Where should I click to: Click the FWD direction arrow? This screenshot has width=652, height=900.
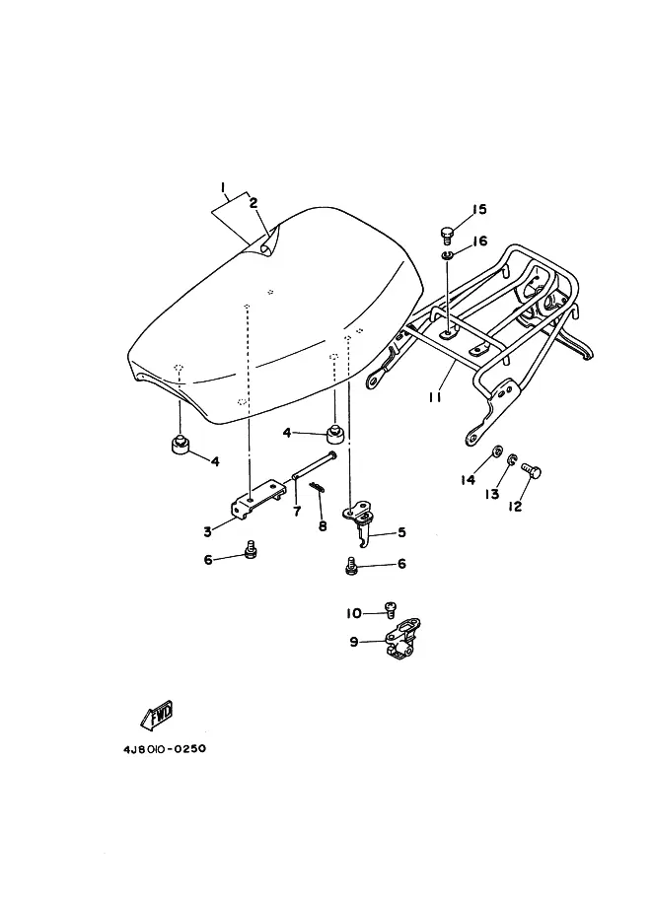coord(157,716)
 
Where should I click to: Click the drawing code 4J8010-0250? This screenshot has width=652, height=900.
coord(165,749)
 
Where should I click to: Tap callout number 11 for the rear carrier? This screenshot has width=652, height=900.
coord(435,396)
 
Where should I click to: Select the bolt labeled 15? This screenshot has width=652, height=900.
coord(447,235)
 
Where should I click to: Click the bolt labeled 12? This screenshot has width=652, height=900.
coord(532,470)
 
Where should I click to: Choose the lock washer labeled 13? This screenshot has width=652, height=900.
coord(511,458)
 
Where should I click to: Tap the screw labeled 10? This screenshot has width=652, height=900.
coord(391,608)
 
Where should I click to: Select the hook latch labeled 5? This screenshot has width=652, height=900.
coord(359,521)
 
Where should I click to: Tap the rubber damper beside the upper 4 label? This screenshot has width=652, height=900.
coord(336,434)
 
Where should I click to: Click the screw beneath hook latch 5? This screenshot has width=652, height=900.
coord(351,566)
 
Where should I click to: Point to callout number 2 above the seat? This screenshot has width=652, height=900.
coord(254,203)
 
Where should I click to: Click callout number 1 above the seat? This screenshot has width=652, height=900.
coord(222,187)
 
